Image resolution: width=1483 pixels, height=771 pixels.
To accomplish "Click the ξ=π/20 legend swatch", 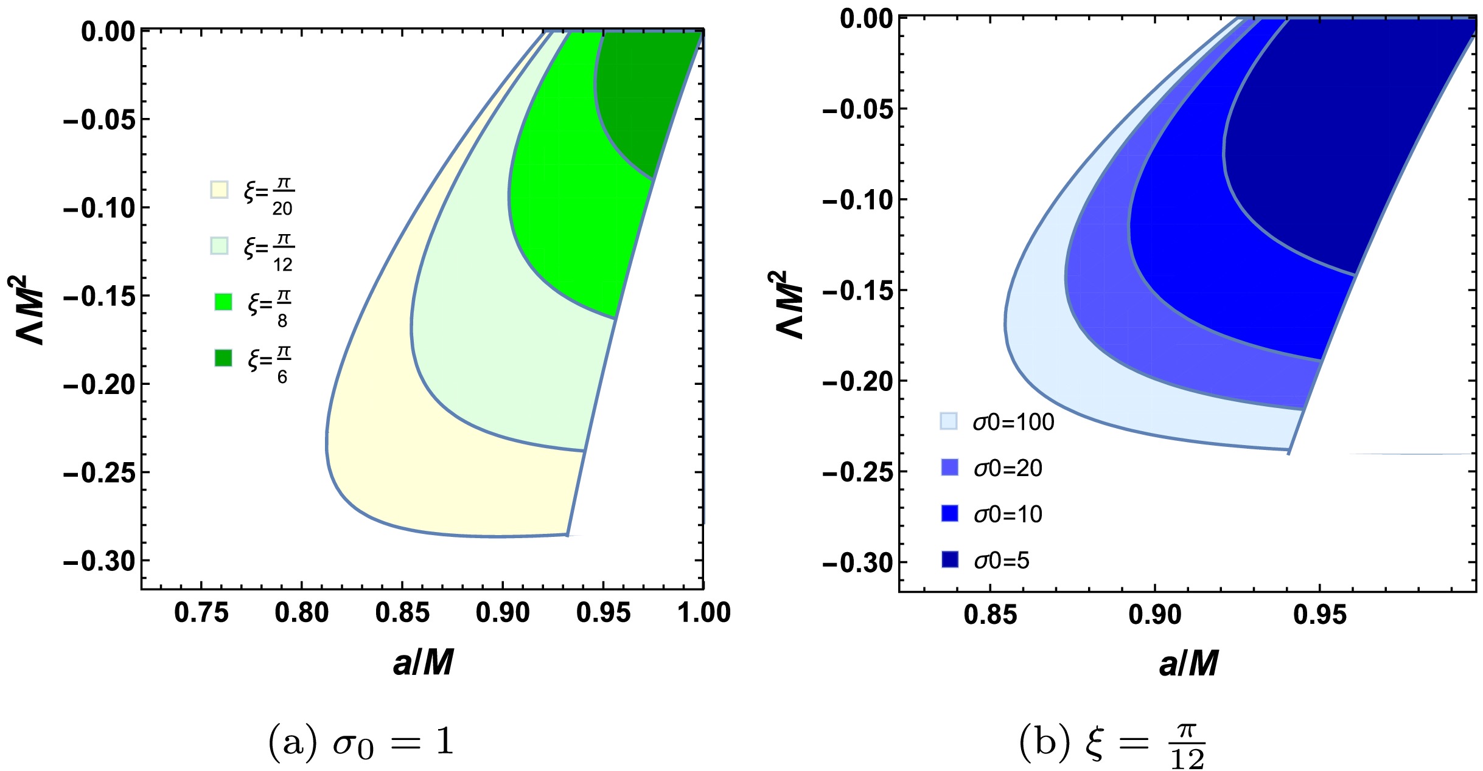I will pyautogui.click(x=219, y=190).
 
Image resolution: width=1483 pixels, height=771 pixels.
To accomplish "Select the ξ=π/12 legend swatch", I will pyautogui.click(x=219, y=246).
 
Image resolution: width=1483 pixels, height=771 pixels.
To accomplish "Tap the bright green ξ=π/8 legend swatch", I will pyautogui.click(x=223, y=302).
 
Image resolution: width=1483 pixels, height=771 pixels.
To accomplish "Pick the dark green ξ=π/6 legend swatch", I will pyautogui.click(x=223, y=358).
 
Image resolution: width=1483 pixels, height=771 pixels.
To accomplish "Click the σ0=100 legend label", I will pyautogui.click(x=1013, y=422).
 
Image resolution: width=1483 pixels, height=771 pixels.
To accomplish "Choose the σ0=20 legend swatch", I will pyautogui.click(x=949, y=467).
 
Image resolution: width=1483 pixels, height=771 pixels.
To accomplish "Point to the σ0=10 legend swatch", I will pyautogui.click(x=949, y=513).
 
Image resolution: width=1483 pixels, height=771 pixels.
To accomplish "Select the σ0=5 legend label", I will pyautogui.click(x=1002, y=560).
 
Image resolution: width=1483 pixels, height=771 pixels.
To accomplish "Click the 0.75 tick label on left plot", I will pyautogui.click(x=201, y=612).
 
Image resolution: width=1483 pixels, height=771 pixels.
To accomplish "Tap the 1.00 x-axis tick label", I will pyautogui.click(x=704, y=612).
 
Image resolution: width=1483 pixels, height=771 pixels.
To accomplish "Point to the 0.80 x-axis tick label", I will pyautogui.click(x=301, y=612).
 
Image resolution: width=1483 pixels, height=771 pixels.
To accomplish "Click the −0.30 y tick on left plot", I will pyautogui.click(x=99, y=561).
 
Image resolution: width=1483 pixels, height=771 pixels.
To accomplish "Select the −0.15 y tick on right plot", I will pyautogui.click(x=858, y=291).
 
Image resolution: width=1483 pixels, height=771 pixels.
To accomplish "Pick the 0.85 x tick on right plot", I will pyautogui.click(x=990, y=615).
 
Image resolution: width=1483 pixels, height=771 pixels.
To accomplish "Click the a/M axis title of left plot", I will pyautogui.click(x=423, y=663).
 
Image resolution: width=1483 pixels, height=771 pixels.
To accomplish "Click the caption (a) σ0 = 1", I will pyautogui.click(x=361, y=742).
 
